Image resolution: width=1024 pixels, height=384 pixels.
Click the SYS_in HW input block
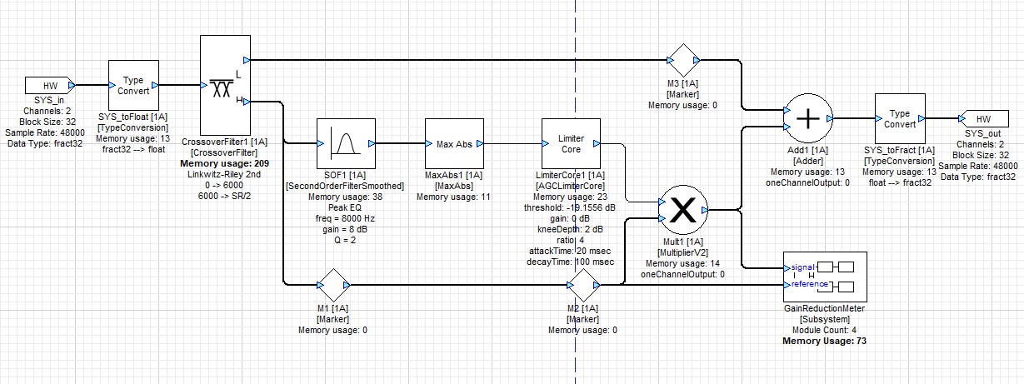pos(49,85)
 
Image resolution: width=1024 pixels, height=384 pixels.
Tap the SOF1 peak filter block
pos(346,144)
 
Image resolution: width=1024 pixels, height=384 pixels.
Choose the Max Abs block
pos(454,144)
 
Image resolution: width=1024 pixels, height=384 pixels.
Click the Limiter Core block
pos(571,143)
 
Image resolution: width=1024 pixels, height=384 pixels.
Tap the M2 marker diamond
pos(582,285)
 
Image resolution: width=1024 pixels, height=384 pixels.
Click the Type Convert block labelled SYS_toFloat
pos(133,85)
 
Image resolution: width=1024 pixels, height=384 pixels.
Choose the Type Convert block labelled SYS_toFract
pos(900,119)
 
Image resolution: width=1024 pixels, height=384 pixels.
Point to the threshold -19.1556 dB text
pos(571,207)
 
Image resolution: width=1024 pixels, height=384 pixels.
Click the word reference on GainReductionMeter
pos(809,284)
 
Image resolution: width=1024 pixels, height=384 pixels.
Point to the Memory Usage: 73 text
pos(824,341)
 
